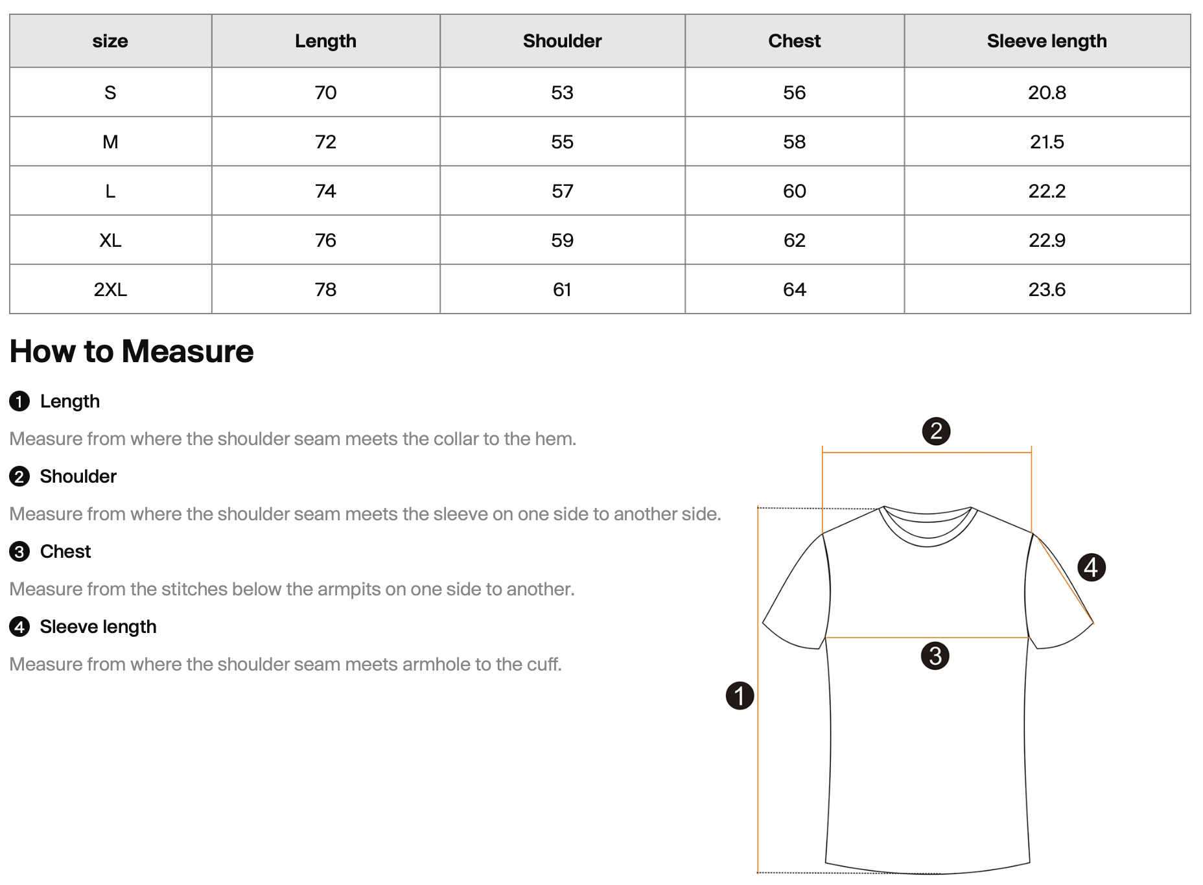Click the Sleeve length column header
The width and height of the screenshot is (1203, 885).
point(1046,41)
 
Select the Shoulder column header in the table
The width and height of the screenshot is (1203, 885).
point(562,41)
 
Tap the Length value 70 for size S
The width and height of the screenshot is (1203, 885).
point(325,93)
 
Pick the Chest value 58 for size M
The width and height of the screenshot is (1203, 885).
point(794,142)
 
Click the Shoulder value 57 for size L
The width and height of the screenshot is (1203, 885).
point(562,191)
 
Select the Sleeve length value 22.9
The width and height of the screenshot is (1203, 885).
point(1046,240)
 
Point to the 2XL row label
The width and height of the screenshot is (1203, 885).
point(110,290)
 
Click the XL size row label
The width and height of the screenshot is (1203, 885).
point(110,240)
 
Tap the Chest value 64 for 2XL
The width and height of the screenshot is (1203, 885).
point(794,290)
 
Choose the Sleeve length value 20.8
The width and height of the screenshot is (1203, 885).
point(1046,93)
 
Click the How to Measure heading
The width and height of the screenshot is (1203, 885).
point(132,351)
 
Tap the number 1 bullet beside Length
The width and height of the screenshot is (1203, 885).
point(19,402)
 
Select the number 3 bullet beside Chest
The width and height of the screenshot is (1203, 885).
point(19,552)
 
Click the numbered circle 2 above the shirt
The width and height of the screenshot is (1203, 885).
point(936,431)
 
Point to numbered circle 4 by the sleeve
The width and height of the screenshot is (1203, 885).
point(1092,568)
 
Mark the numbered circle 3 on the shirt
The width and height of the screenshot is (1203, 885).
point(935,656)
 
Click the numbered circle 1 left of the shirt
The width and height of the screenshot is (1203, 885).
point(740,696)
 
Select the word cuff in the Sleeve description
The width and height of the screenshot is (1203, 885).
point(544,665)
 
